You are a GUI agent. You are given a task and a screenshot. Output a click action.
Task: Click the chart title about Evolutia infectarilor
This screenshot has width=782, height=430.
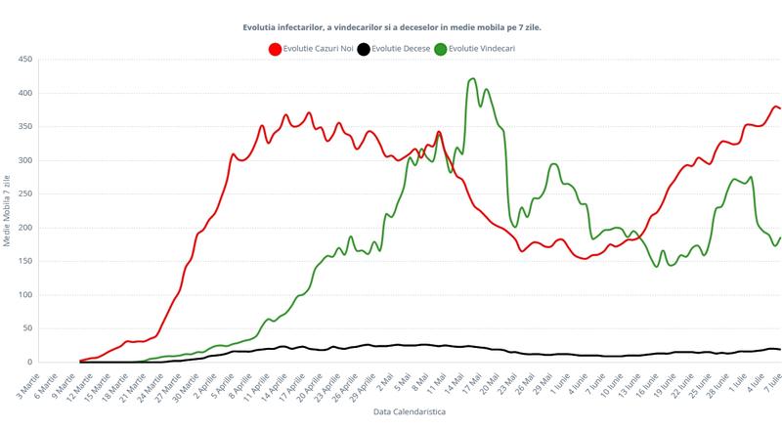[x=392, y=27]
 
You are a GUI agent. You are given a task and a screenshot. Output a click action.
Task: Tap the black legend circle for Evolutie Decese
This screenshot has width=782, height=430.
[x=363, y=48]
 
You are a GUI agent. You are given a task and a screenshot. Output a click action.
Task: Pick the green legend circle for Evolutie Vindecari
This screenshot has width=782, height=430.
[x=441, y=48]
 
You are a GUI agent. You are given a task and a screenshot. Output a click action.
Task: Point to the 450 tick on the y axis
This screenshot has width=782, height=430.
[x=26, y=60]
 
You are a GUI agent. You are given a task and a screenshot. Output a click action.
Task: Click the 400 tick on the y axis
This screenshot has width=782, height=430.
[x=26, y=93]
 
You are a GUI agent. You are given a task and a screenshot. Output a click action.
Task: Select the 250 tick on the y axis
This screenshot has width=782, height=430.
[x=26, y=193]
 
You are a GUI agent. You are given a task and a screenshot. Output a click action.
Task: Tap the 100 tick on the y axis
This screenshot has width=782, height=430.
[x=26, y=295]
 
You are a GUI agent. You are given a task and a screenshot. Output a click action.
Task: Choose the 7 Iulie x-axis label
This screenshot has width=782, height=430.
[x=770, y=380]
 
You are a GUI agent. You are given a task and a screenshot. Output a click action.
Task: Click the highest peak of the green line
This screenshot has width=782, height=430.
[x=473, y=79]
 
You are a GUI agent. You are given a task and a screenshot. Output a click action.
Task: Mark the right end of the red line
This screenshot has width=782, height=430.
[x=780, y=107]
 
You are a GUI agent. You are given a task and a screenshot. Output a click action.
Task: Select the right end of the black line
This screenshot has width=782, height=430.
[x=780, y=349]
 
